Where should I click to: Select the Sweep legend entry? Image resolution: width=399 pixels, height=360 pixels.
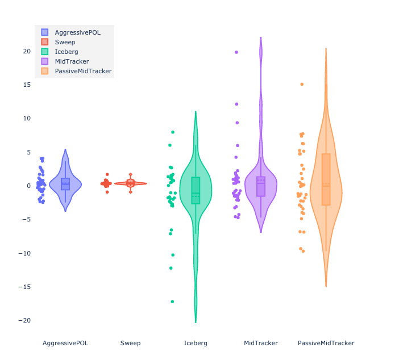coord(65,42)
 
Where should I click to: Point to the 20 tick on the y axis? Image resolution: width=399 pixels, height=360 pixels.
coord(27,51)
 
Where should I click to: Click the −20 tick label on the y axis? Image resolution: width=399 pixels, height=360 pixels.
coord(26,320)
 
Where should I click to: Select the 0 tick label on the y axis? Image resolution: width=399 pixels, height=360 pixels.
coord(28,186)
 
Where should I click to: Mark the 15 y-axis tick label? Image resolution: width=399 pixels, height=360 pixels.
coord(27,85)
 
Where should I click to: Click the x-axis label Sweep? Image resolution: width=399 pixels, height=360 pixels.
coord(130,343)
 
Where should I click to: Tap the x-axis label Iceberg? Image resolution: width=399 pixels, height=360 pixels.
coord(196,343)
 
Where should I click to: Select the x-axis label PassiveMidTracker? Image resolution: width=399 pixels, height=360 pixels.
coord(326,343)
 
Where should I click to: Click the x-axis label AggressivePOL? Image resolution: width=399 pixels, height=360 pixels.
coord(65,343)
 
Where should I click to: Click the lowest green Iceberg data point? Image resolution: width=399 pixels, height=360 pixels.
coord(172,302)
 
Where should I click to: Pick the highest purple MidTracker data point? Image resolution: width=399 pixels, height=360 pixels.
coord(236,52)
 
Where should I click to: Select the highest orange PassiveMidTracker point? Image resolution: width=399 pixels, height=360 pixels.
coord(302,84)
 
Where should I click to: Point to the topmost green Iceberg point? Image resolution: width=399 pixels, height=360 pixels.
coord(173,132)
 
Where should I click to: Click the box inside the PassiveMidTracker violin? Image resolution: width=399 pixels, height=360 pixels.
coord(326,179)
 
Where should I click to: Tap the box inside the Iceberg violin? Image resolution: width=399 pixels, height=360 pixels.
coord(196,190)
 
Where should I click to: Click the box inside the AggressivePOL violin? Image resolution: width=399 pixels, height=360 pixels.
coord(65,184)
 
